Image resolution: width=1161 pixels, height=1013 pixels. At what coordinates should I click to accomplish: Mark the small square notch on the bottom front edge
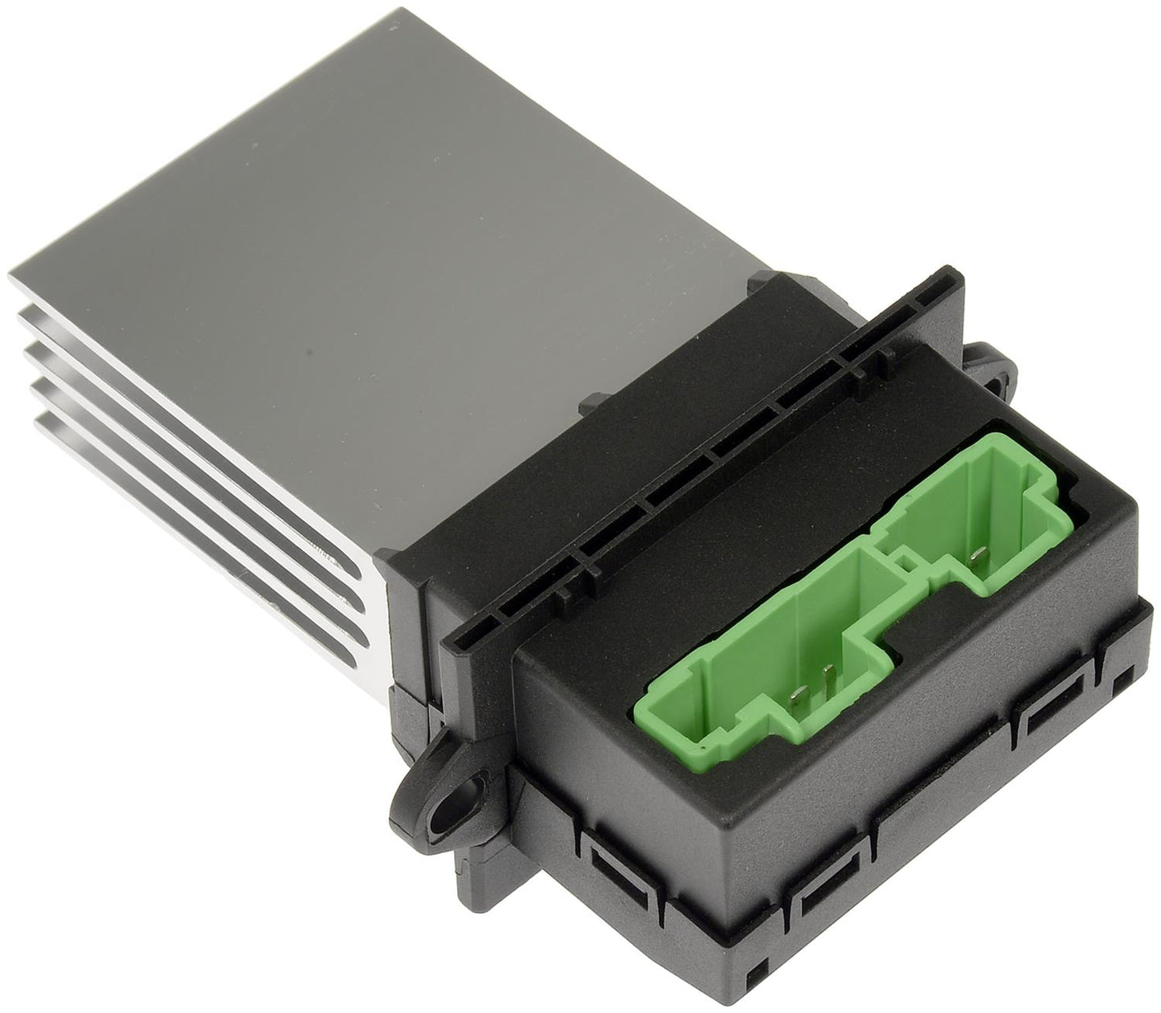click(x=750, y=979)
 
